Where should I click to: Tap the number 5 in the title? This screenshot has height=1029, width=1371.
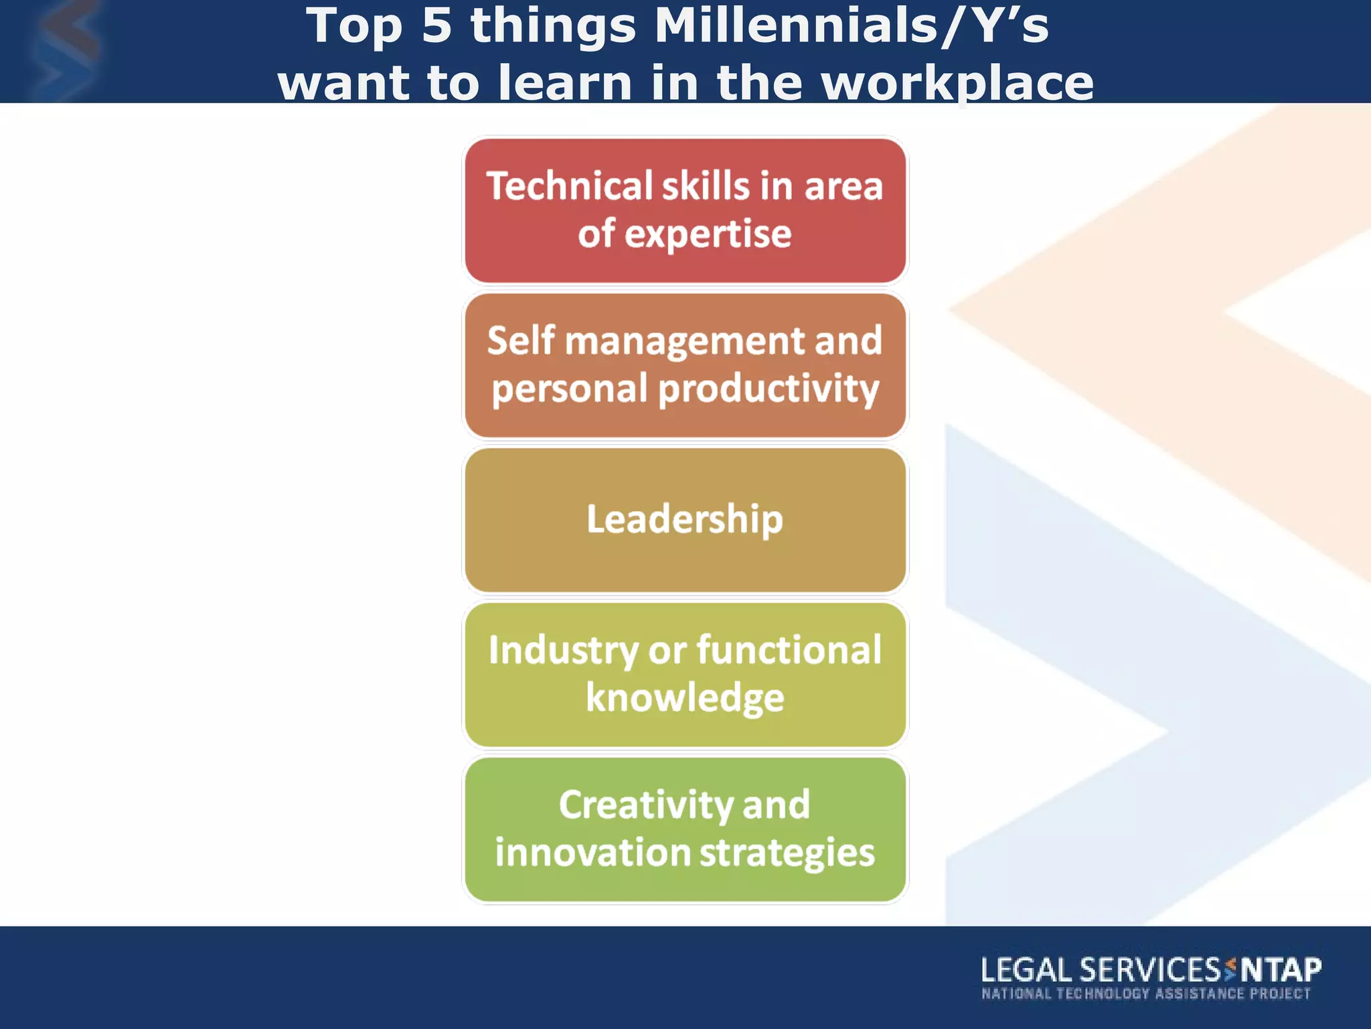[x=437, y=27]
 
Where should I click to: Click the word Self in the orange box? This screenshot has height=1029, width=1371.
[x=521, y=340]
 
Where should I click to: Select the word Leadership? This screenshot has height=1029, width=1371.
[x=685, y=519]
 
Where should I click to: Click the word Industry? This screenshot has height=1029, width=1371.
[x=563, y=650]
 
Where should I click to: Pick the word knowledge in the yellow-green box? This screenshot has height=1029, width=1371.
[x=685, y=698]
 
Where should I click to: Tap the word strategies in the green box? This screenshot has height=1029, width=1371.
[x=787, y=853]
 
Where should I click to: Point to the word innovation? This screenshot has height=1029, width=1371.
[x=592, y=853]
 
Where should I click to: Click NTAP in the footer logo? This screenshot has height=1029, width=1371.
[x=1281, y=969]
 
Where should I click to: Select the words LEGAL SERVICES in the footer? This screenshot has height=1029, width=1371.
[x=1101, y=969]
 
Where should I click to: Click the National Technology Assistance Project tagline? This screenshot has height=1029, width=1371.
[x=1145, y=993]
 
